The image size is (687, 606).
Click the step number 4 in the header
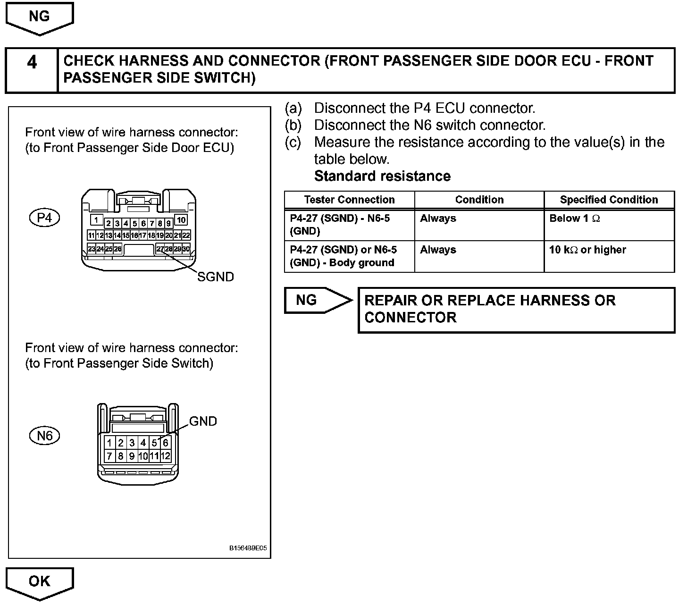click(32, 62)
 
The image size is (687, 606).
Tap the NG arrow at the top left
click(39, 17)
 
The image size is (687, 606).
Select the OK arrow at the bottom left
click(39, 581)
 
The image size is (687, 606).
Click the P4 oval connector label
click(44, 218)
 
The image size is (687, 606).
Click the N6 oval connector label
click(45, 436)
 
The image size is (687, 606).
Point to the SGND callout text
click(215, 277)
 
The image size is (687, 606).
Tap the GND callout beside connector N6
click(203, 421)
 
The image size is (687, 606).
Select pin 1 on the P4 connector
click(96, 220)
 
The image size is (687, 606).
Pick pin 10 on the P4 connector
click(181, 220)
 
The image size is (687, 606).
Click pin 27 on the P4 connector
click(160, 249)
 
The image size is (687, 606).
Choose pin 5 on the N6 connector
click(154, 443)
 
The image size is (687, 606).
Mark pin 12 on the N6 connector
click(165, 456)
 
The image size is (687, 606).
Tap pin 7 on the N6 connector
click(109, 456)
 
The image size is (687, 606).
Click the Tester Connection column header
click(349, 200)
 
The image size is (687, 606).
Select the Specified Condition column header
click(609, 200)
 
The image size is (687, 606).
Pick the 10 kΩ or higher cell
click(587, 250)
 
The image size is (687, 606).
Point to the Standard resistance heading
click(382, 176)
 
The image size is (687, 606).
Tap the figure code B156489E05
click(248, 548)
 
